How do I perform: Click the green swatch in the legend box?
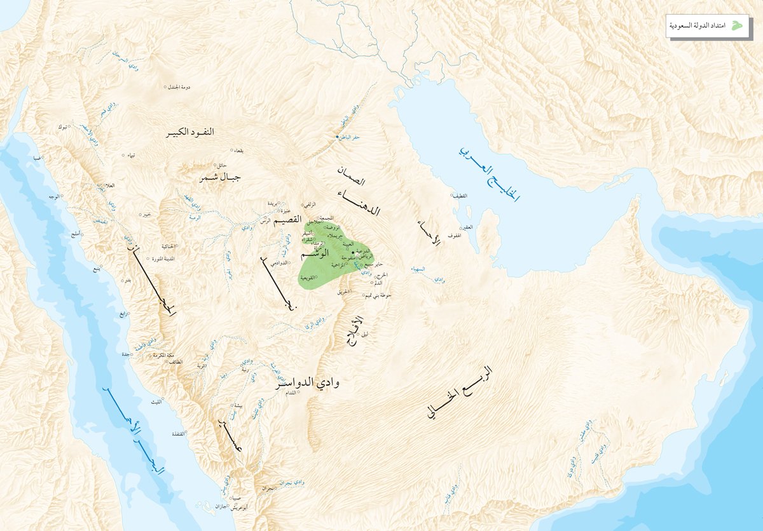click(x=737, y=25)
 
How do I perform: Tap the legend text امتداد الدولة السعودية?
click(x=698, y=25)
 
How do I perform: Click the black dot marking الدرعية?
click(x=353, y=253)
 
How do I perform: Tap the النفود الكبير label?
click(x=191, y=132)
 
